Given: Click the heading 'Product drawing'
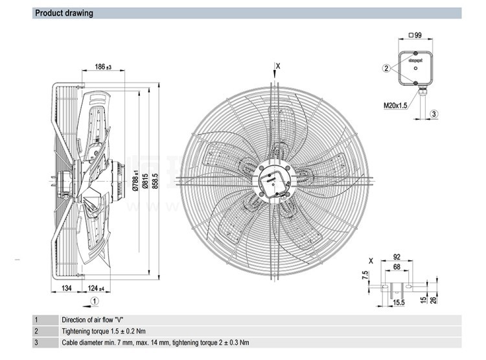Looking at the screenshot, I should [64, 13].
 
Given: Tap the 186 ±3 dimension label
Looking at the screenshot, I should [104, 67].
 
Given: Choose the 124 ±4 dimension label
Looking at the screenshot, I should [96, 287].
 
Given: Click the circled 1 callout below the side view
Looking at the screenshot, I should [95, 300].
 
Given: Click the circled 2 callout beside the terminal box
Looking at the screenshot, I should [386, 68].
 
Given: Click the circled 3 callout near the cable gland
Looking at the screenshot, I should [434, 114].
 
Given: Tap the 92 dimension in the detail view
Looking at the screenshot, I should [397, 256].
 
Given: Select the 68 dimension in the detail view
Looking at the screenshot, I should [397, 265].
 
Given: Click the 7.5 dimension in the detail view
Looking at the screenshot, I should [365, 275].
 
